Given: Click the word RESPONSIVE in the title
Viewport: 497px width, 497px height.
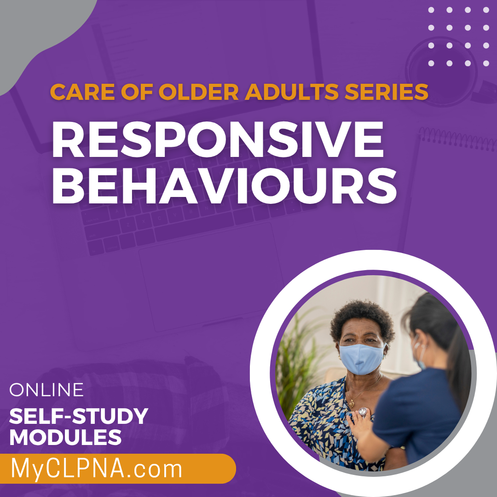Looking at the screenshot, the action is pyautogui.click(x=218, y=139).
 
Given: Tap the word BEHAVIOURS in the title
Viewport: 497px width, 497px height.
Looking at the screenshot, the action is pyautogui.click(x=225, y=186).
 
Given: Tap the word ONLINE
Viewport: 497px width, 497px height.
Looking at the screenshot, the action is pyautogui.click(x=46, y=390).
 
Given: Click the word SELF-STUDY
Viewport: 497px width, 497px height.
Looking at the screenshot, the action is pyautogui.click(x=79, y=416).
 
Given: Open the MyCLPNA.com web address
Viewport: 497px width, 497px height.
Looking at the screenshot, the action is pyautogui.click(x=97, y=469).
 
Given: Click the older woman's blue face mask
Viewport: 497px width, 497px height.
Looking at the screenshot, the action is pyautogui.click(x=362, y=358).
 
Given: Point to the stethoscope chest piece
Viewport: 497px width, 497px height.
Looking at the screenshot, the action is pyautogui.click(x=363, y=412).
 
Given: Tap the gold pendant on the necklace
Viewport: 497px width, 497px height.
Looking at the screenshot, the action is pyautogui.click(x=351, y=405).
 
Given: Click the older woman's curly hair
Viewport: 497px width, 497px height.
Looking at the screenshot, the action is pyautogui.click(x=362, y=319).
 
